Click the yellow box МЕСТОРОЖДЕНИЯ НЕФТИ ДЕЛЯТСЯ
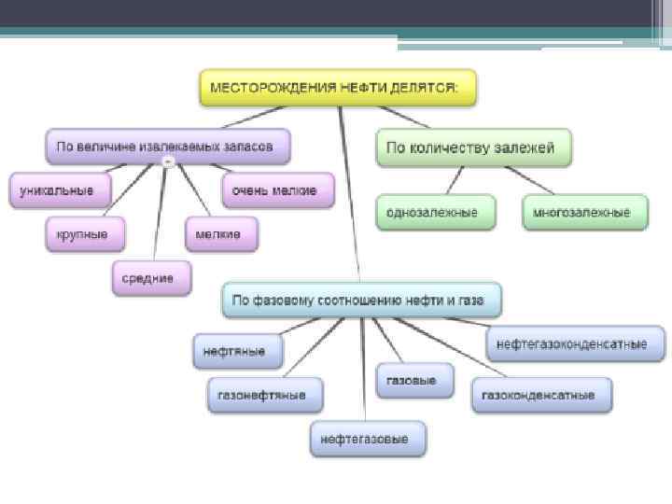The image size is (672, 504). point(338,88)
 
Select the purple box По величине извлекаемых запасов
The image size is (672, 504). point(167,147)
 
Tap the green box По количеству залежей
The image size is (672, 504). point(473,147)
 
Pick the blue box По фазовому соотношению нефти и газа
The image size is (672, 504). point(362,301)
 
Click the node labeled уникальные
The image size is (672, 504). point(59,190)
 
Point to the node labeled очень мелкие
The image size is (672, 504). point(276,190)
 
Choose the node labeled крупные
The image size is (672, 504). point(82,233)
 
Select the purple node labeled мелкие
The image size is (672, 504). point(220,233)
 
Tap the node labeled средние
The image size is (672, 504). point(151,277)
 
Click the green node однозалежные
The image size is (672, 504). point(432,213)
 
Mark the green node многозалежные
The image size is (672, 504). point(584,213)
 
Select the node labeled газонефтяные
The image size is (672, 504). point(265,395)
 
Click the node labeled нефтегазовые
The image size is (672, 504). point(367,438)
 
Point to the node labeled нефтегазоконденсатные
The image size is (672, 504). point(576,343)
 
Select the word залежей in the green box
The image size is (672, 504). point(525,147)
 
